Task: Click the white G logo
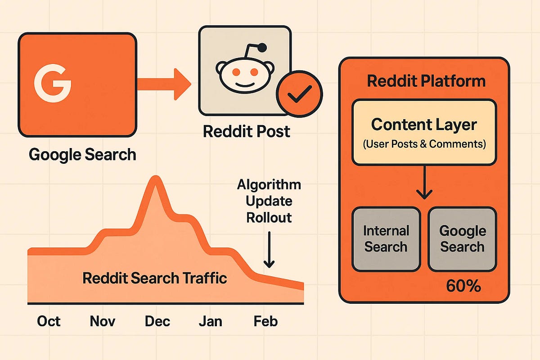point(53,83)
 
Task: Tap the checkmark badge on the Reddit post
point(299,94)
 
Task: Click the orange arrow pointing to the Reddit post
point(164,84)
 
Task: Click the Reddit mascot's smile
point(245,85)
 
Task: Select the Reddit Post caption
point(247,131)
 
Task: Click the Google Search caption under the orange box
point(82,154)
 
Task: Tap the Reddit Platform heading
point(426,81)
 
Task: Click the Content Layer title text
point(424,125)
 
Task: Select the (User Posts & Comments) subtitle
point(424,144)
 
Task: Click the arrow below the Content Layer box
point(424,183)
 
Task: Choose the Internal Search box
point(386,239)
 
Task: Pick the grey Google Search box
point(463,239)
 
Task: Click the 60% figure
point(463,286)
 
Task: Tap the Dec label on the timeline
point(157,321)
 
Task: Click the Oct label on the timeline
point(49,321)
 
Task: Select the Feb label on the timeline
point(265,321)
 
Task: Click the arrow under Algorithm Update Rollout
point(269,250)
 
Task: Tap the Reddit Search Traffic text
point(154,278)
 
